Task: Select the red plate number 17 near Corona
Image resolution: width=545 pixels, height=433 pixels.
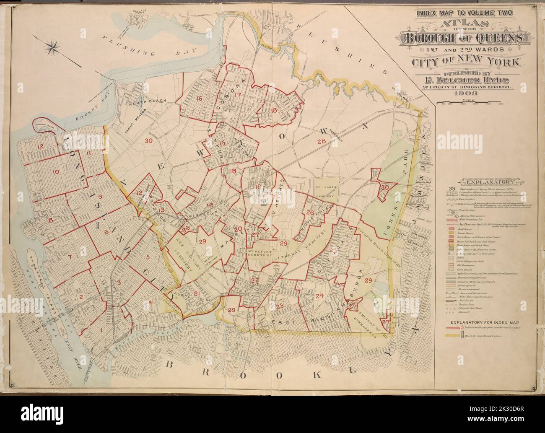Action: click(239, 95)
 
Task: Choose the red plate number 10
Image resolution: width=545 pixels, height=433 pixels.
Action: click(56, 171)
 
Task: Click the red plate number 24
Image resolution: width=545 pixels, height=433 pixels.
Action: click(320, 296)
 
